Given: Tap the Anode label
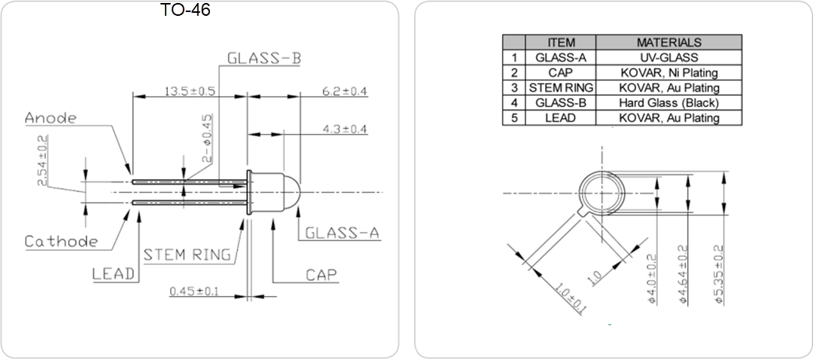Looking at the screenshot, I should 50,118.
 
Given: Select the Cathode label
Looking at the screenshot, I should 61,242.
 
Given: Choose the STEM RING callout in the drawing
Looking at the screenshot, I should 187,255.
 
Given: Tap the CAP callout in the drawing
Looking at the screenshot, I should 321,274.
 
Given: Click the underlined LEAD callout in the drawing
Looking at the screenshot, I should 114,273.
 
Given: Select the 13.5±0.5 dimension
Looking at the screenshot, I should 190,91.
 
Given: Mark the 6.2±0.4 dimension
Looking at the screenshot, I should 344,91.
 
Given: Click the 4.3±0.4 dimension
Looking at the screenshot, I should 344,129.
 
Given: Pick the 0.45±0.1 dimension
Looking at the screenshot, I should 194,291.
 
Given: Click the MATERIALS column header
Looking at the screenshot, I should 668,43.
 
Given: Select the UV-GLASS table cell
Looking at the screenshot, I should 668,58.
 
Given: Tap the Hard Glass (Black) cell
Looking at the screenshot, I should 668,103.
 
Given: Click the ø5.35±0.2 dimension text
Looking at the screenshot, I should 718,274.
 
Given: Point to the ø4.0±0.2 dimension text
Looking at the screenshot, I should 652,279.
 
